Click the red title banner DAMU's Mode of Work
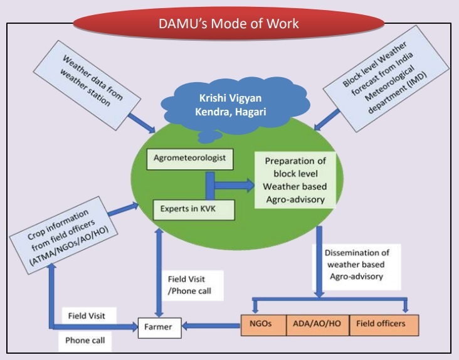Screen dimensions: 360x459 coord(229,24)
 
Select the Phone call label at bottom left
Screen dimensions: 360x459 coord(85,342)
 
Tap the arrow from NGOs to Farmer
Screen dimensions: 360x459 coord(211,325)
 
